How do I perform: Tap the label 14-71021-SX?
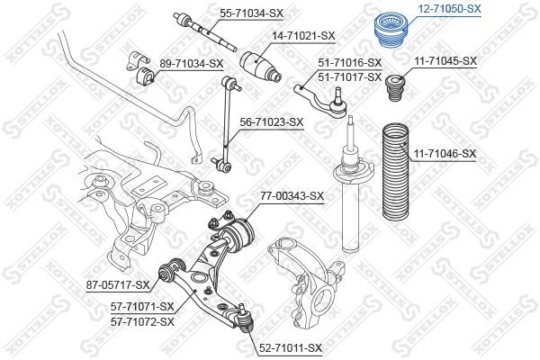[304, 36]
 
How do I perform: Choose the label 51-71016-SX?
[350, 62]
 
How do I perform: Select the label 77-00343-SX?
[292, 194]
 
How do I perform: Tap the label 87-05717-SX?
[118, 286]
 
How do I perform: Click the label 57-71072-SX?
[141, 320]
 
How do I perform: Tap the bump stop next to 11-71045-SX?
[393, 93]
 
